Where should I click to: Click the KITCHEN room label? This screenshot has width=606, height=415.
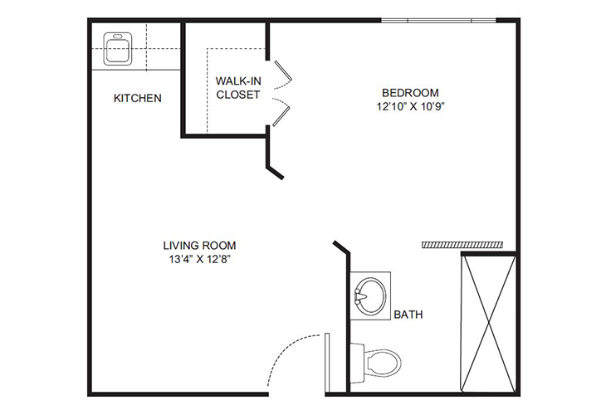137,98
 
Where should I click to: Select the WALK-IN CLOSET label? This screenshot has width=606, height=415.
238,88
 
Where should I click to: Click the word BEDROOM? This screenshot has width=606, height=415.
410,92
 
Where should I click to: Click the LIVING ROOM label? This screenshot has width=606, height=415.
199,245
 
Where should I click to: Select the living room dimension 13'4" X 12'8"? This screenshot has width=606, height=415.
199,259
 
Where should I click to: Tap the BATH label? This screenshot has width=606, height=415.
409,315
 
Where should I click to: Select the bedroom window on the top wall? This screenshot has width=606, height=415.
438,20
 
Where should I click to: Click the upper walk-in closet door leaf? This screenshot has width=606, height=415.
281,72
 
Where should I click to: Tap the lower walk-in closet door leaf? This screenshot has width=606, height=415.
281,113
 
